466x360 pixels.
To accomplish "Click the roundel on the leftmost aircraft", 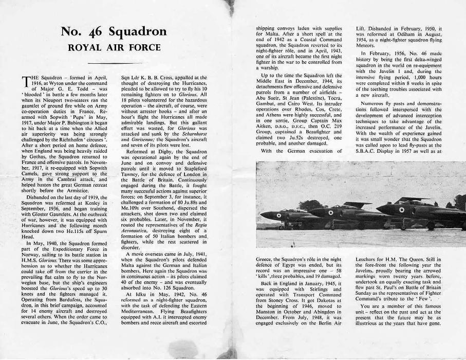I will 278,215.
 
